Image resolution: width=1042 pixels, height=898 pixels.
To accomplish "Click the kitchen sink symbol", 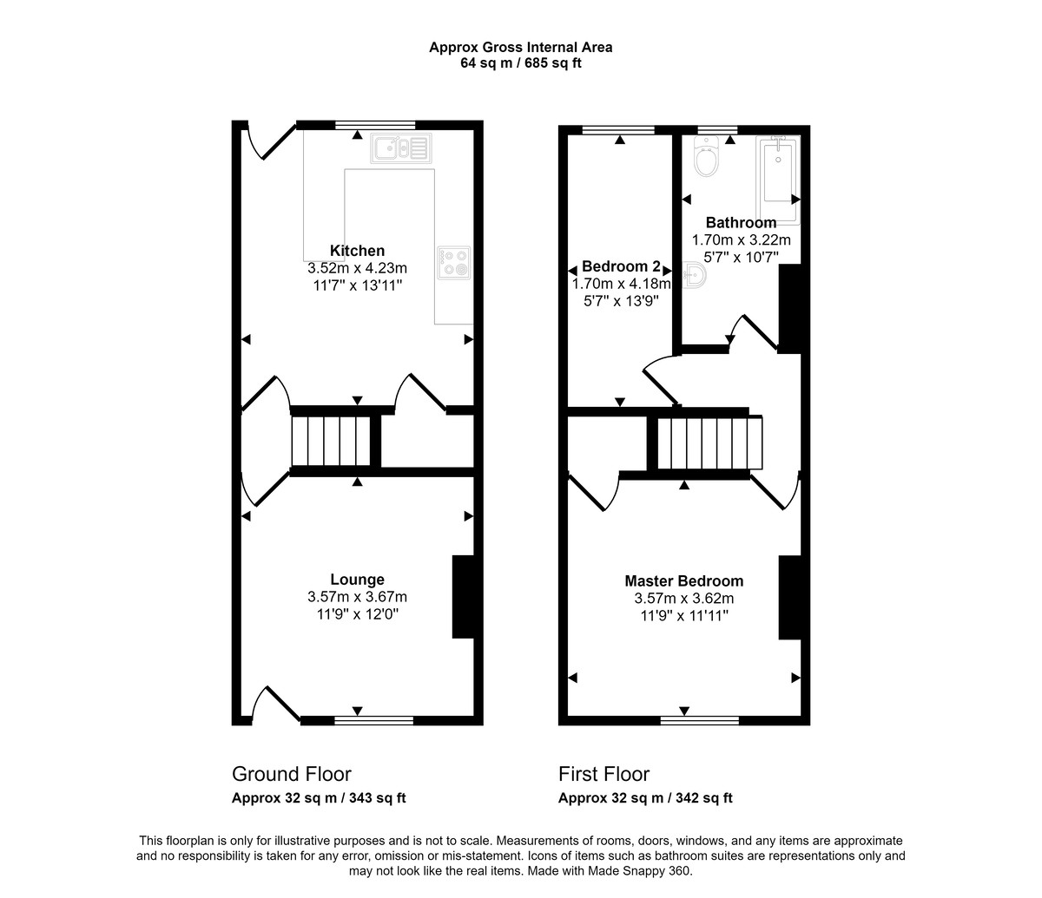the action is coord(401,148).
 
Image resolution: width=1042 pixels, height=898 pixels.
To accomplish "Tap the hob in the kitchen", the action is coord(453,262).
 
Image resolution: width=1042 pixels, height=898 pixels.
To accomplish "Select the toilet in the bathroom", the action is coord(705,156).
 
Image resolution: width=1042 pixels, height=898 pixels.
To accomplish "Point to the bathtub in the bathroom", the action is coord(778,180).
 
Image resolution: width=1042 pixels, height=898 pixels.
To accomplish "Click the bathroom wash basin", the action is coord(694,275).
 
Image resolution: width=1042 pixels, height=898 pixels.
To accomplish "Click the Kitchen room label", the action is coord(357,250).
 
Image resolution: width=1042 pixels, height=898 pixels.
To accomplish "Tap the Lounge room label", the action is coord(357,580).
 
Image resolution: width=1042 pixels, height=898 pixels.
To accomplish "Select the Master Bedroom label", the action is coord(684,580).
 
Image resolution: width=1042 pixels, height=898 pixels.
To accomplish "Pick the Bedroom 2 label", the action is coord(621,265).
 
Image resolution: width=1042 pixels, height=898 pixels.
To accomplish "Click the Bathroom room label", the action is coord(741,222).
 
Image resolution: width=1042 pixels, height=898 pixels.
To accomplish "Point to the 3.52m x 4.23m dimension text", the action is coord(357,268).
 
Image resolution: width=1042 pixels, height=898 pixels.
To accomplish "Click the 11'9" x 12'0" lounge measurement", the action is coord(357,614).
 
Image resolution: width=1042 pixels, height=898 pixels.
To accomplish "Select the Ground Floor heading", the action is coord(292,774).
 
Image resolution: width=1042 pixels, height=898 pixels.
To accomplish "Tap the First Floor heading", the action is coord(603,774).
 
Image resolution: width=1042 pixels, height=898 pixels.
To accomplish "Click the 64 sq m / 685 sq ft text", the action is coord(521,63).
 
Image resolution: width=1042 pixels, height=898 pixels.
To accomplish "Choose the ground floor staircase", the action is coord(331,441).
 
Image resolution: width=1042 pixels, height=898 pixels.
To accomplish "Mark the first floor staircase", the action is coord(709,442).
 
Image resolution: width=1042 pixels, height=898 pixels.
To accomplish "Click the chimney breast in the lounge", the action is coord(464,597).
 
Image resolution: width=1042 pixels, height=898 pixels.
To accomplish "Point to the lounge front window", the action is coord(373,721).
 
